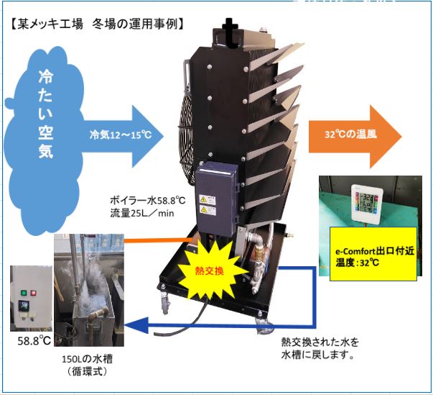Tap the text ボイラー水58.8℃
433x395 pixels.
pyautogui.click(x=148, y=199)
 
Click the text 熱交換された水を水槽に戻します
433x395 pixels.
pyautogui.click(x=319, y=348)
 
